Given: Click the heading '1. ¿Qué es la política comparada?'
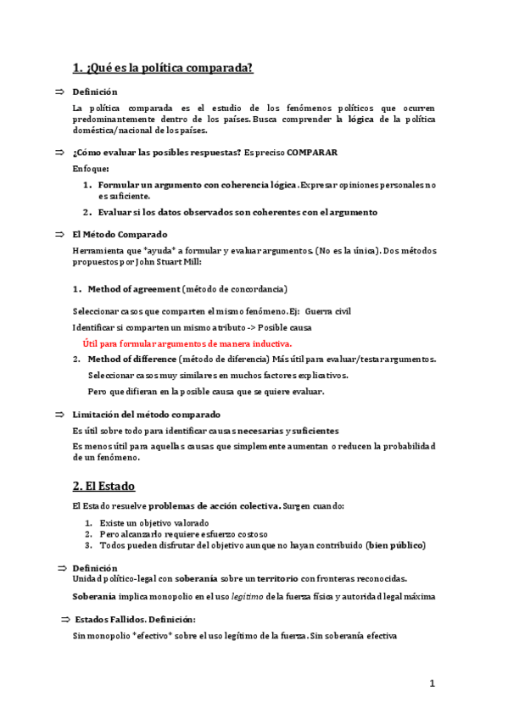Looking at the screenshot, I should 163,68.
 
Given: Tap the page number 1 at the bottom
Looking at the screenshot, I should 432,683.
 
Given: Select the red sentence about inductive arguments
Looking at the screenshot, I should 187,343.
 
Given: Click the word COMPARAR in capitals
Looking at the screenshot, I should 312,152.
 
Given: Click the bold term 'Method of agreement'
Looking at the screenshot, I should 134,288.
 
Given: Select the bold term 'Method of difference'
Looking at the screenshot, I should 134,359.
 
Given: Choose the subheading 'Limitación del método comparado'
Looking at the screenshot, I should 146,415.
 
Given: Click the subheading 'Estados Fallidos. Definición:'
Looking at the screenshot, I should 135,620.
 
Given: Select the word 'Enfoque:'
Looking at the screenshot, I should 91,169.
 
